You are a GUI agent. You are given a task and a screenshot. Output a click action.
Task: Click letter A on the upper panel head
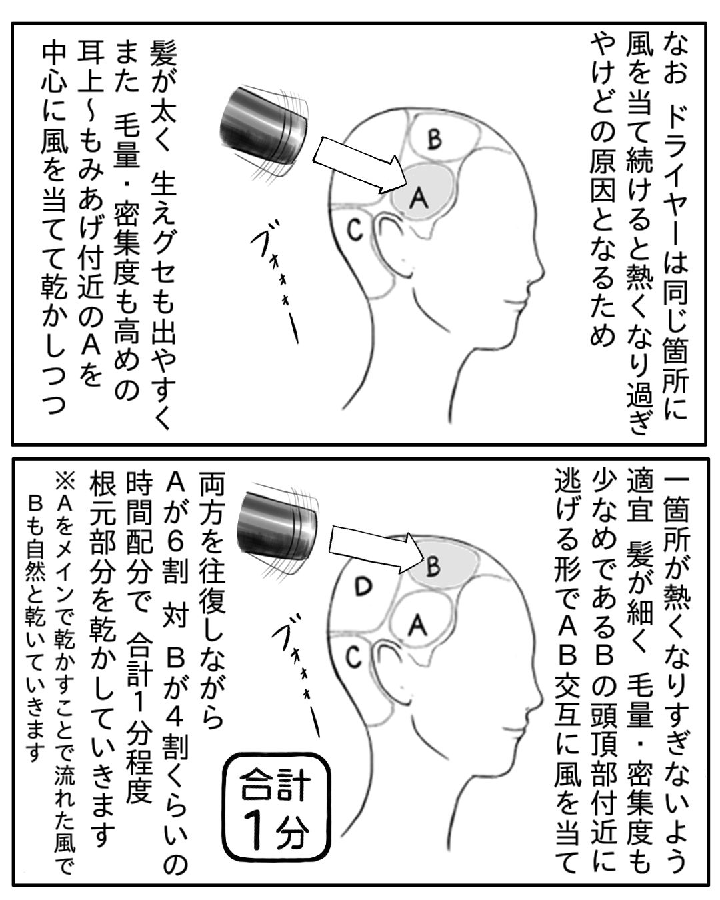coord(419,197)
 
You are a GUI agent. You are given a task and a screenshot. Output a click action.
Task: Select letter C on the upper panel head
coord(355,229)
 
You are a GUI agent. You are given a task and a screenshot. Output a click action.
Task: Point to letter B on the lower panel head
coord(433,566)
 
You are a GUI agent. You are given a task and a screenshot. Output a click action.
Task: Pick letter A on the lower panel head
coord(417,625)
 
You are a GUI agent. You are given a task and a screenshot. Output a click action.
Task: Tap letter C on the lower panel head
coord(354,657)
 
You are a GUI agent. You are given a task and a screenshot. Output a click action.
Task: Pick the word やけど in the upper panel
coord(603,79)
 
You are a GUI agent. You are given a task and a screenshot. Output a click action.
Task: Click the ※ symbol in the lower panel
coord(64,481)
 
